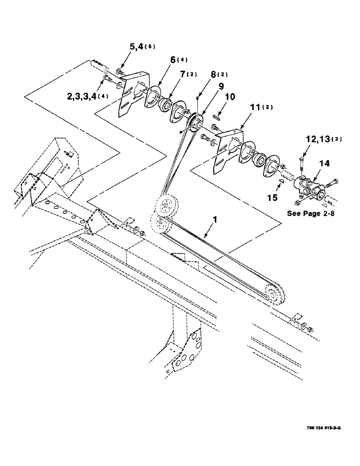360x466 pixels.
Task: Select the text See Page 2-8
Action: [x=313, y=213]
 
